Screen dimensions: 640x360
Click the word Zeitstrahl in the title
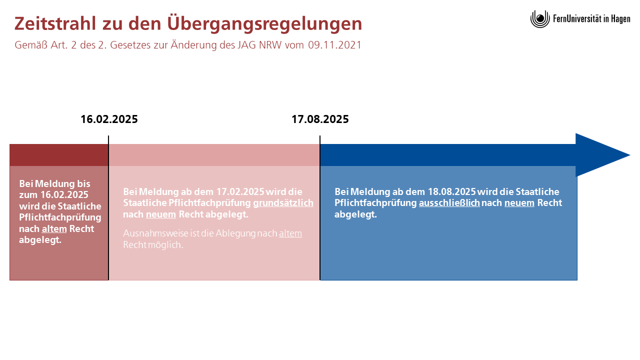(x=55, y=23)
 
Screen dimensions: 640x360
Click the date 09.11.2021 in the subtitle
(x=334, y=45)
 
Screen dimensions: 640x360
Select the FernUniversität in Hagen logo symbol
(x=540, y=19)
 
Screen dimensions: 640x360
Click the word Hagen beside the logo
(x=620, y=19)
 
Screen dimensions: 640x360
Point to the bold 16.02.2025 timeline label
(x=109, y=119)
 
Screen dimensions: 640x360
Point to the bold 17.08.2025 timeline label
(x=320, y=119)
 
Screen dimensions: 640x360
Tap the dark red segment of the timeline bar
(x=59, y=155)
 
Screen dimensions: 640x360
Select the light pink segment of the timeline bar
(x=214, y=155)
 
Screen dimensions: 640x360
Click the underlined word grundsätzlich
(x=283, y=203)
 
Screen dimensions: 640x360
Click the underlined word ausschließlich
(x=449, y=203)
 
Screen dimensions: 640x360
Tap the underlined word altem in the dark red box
(x=54, y=229)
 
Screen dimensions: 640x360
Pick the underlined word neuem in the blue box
(x=519, y=203)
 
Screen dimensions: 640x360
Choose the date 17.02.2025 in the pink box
(x=240, y=191)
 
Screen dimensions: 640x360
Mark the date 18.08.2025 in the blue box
(x=451, y=191)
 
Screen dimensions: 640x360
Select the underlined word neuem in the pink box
(x=161, y=214)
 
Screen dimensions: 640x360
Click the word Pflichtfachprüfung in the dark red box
(x=60, y=217)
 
